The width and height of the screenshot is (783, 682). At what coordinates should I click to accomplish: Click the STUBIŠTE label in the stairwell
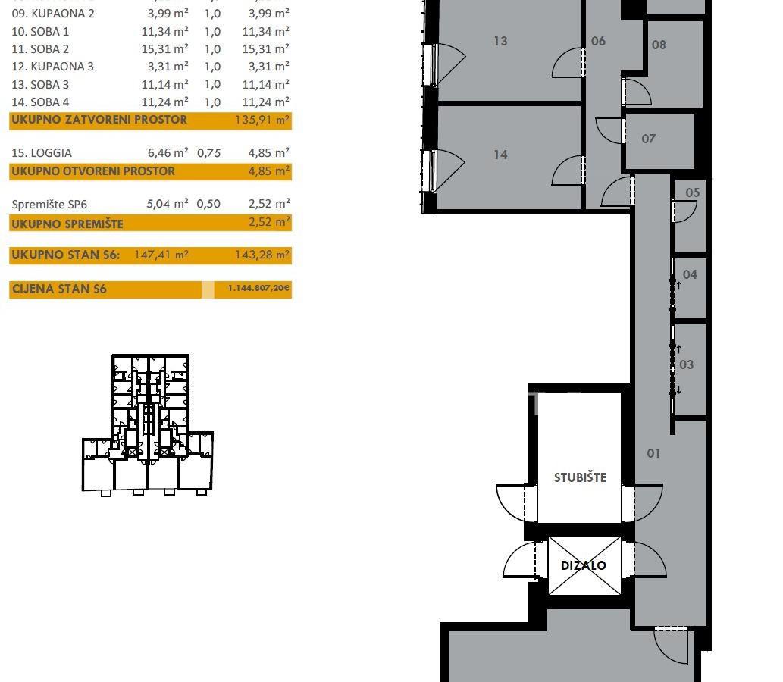pos(581,477)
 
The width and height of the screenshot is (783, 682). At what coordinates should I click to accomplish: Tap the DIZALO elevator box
pos(584,565)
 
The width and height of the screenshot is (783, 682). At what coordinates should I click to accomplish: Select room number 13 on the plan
pos(500,41)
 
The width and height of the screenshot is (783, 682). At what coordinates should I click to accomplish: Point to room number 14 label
pos(500,155)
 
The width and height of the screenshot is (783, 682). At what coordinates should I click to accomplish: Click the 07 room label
pos(648,139)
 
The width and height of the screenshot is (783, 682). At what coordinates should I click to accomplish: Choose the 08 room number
pos(659,45)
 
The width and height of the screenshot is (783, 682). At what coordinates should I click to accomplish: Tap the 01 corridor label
pos(653,453)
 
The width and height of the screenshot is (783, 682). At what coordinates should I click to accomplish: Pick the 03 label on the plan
pos(687,364)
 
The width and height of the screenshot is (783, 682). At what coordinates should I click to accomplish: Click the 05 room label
pos(693,192)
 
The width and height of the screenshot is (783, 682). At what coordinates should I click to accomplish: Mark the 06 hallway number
pos(598,41)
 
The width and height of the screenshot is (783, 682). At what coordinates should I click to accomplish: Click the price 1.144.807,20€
pos(258,288)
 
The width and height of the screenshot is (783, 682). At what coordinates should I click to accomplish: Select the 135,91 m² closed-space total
pos(262,120)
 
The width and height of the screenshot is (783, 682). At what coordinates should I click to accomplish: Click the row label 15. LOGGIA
pos(42,153)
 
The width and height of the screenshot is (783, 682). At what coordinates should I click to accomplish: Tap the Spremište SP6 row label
pos(49,204)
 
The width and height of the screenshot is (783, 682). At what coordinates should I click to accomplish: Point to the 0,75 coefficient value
pos(208,153)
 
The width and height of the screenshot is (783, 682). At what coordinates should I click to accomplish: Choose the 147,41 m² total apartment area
pos(161,255)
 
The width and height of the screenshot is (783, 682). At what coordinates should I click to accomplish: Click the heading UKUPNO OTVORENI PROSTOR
pos(93,170)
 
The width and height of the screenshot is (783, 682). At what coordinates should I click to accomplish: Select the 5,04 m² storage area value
pos(168,204)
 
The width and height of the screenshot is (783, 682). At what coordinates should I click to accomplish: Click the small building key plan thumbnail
pos(148,425)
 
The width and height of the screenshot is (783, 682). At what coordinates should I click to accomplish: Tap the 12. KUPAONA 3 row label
pos(52,67)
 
